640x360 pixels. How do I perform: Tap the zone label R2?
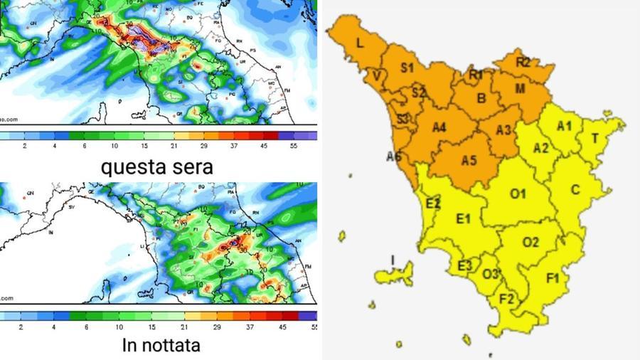point(523,63)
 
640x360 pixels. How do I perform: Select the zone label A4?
point(438,128)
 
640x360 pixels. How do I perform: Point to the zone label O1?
point(517,194)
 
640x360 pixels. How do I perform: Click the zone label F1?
point(553,278)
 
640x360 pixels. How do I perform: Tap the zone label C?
point(576,189)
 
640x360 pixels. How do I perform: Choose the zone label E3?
point(464,266)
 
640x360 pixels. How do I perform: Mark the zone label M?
point(520,89)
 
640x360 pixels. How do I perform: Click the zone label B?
point(481,99)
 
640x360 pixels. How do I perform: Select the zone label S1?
point(407,68)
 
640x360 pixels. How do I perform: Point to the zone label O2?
point(530,243)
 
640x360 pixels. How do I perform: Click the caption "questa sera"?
point(157,168)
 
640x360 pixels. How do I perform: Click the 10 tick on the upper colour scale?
point(115,146)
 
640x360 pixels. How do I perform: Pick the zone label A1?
point(564,127)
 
